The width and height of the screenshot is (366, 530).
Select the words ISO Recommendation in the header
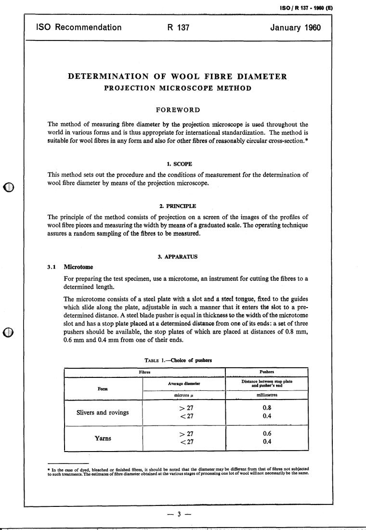[79, 27]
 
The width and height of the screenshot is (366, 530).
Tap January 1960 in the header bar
[295, 27]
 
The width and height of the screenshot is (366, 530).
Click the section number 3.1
[52, 267]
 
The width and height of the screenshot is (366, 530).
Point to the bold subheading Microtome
[78, 267]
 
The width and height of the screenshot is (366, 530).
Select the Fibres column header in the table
[145, 372]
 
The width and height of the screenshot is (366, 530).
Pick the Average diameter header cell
[183, 384]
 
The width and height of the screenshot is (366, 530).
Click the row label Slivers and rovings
[103, 413]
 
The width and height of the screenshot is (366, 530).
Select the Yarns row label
[103, 439]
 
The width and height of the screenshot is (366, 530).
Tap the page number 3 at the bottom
[178, 514]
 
